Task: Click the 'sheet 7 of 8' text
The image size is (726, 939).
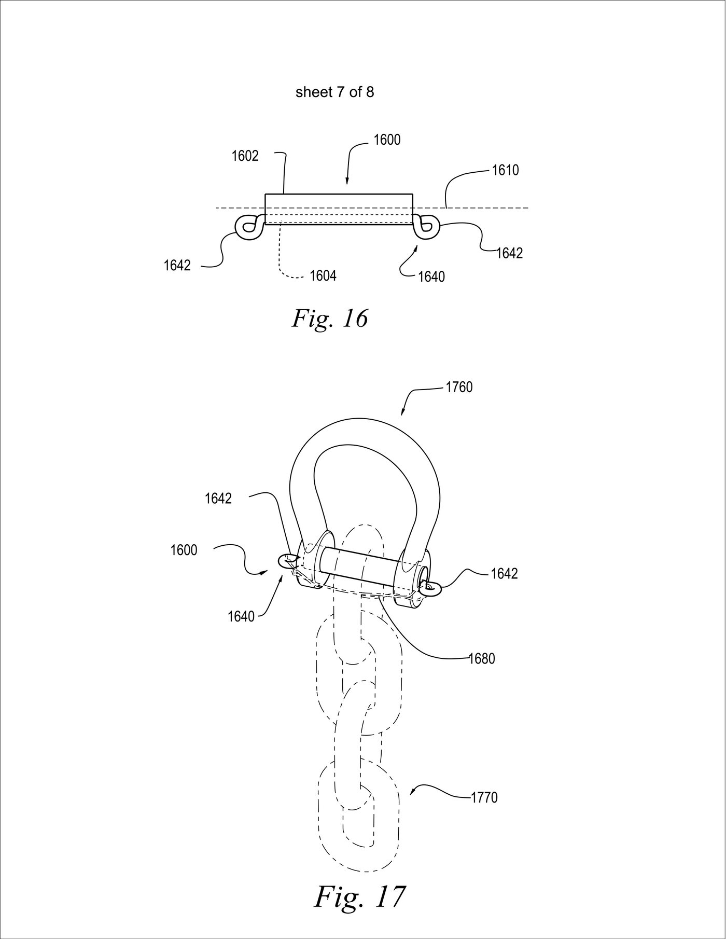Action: [334, 92]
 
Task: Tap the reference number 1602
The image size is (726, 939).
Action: [245, 156]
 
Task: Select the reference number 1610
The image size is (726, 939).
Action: [505, 170]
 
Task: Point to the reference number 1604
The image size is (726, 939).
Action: [323, 275]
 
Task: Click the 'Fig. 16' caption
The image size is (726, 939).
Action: [330, 318]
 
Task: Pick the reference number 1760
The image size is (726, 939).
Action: [459, 388]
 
